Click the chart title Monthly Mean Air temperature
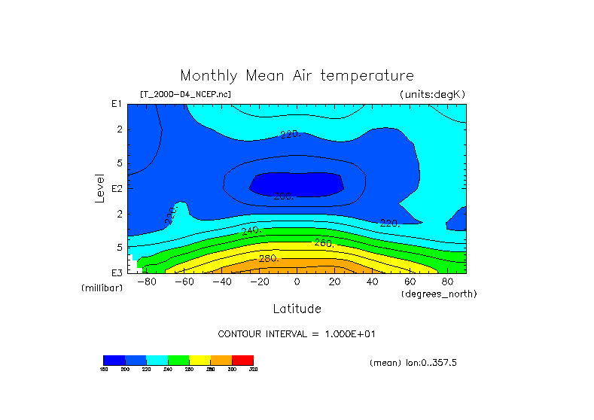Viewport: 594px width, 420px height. point(297,76)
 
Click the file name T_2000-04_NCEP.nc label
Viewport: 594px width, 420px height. point(185,94)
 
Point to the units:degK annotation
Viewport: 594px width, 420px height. point(432,94)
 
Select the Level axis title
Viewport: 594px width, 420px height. point(100,186)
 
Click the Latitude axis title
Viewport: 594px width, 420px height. point(297,309)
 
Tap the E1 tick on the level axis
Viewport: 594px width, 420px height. point(117,104)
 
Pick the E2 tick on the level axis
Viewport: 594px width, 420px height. point(117,188)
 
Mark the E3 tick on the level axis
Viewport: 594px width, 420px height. point(117,272)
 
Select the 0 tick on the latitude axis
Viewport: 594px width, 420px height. point(297,282)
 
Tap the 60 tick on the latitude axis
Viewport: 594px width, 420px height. point(410,282)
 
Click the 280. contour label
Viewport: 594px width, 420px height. point(269,258)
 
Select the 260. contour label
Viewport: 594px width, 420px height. point(324,243)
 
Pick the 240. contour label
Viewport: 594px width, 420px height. point(251,230)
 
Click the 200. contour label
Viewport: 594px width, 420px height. point(283,196)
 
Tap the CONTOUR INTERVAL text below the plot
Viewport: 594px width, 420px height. point(297,333)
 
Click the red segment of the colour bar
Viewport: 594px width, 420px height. point(242,360)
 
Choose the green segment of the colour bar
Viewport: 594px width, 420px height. point(178,360)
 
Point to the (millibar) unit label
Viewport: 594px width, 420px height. point(102,288)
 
